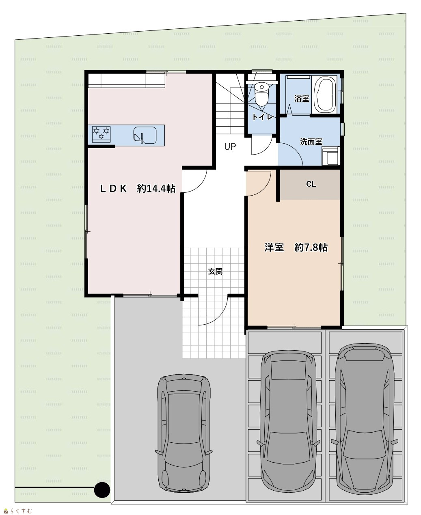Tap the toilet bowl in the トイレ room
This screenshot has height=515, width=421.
point(261,94)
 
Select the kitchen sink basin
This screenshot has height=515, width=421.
point(145,135)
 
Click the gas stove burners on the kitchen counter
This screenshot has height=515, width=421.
point(101,134)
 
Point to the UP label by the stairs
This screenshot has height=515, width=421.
point(230,147)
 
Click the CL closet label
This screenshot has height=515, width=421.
point(311,184)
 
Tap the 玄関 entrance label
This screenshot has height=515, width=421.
point(215,271)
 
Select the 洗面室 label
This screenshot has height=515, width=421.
point(311,142)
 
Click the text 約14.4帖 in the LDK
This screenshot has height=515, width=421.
point(156,189)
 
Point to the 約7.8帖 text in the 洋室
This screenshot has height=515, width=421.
point(311,248)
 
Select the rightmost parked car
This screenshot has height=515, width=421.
point(365,419)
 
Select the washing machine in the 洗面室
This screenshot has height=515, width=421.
point(330,156)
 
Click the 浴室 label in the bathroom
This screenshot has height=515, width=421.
point(302,99)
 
